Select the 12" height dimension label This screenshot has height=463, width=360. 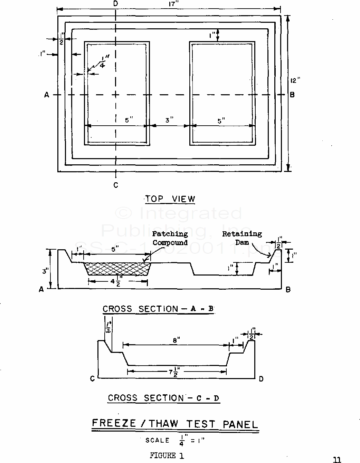click(295, 81)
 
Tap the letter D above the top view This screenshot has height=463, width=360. click(116, 4)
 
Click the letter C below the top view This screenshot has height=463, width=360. click(116, 185)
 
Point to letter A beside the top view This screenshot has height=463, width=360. click(47, 95)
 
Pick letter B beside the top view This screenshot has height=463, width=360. click(292, 95)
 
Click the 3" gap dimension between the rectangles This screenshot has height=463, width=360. click(169, 120)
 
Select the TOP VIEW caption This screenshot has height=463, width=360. click(170, 199)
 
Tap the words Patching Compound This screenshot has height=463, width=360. click(170, 238)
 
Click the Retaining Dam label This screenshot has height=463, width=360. click(242, 238)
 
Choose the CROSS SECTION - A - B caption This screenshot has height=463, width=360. click(158, 309)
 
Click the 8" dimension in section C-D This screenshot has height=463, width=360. click(175, 340)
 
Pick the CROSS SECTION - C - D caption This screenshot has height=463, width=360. click(163, 398)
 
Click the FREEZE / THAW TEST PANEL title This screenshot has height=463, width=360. click(175, 424)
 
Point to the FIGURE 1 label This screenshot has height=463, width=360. click(167, 455)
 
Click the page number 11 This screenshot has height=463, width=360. click(337, 460)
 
